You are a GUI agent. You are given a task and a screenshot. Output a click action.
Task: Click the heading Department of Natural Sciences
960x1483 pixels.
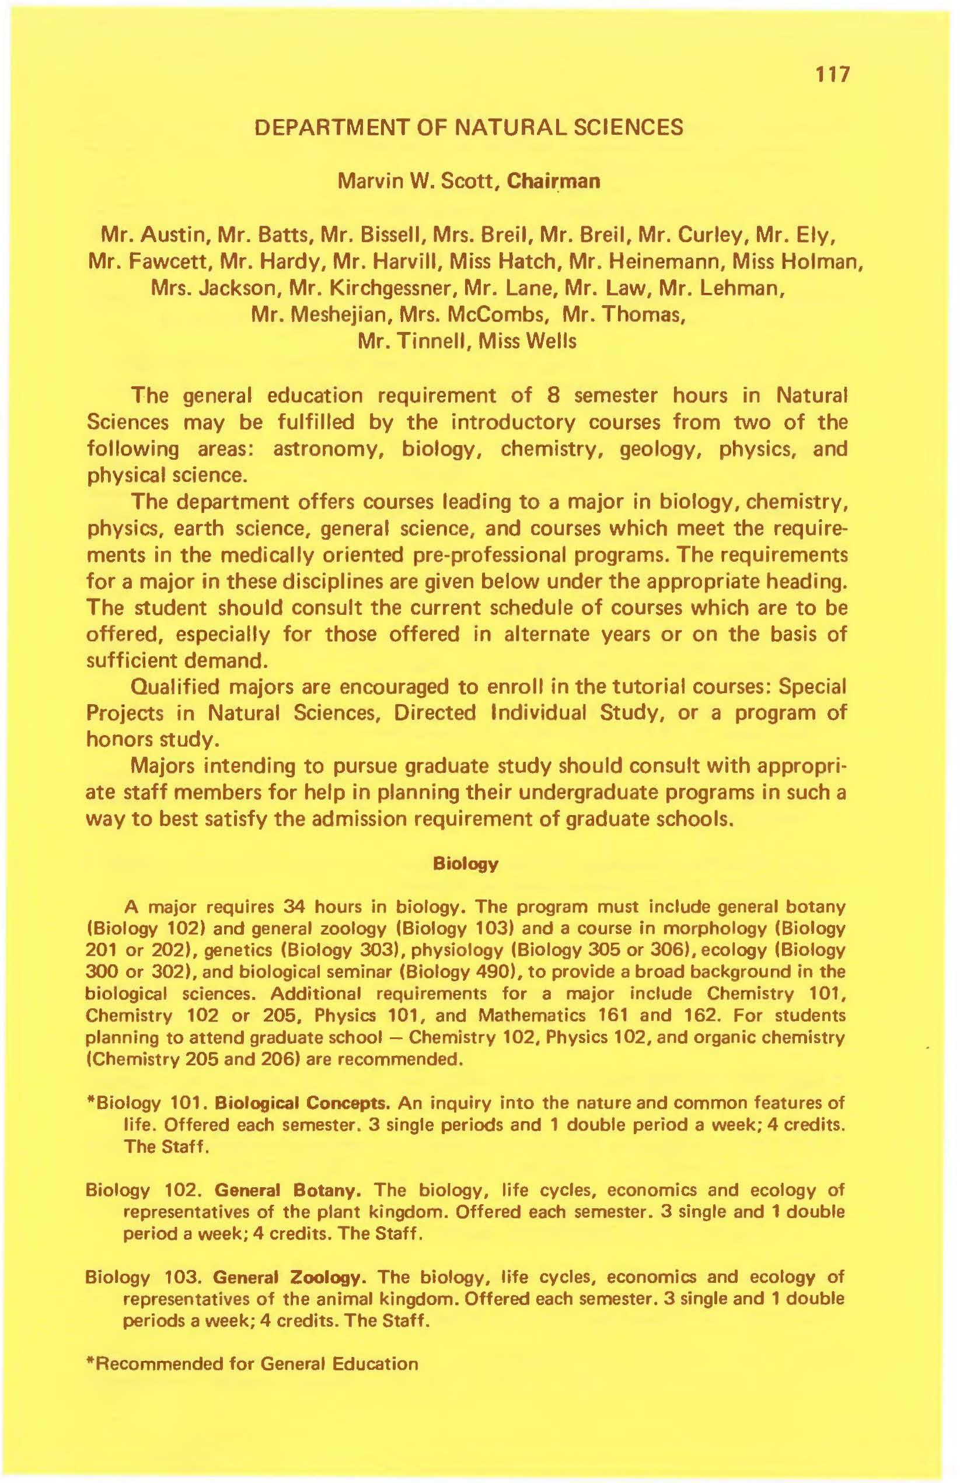(469, 128)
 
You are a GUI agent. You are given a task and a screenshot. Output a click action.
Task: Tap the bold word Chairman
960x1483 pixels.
(554, 181)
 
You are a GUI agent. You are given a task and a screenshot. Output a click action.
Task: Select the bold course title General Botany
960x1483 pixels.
(288, 1191)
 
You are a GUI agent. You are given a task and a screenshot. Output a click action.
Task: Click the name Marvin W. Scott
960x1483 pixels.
(419, 181)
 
